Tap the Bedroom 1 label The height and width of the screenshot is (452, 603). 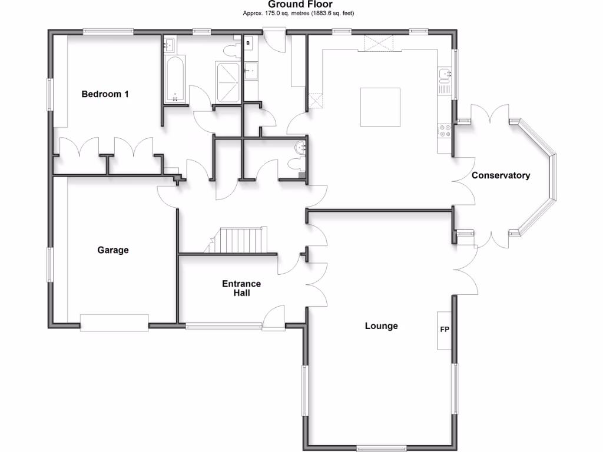[x=105, y=94]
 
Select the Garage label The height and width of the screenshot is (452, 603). [x=112, y=250]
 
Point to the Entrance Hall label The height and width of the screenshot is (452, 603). [x=241, y=288]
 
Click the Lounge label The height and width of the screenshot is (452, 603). [x=381, y=325]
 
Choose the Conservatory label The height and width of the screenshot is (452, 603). [x=501, y=175]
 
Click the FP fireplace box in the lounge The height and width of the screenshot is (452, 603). [x=444, y=330]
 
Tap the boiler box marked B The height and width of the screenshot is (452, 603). [x=248, y=43]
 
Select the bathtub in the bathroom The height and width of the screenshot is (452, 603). [x=174, y=80]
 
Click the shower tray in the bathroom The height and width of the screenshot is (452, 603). [x=228, y=82]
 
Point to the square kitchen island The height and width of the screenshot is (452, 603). [x=380, y=107]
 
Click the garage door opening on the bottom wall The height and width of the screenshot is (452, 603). [x=114, y=323]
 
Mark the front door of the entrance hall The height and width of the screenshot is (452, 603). [x=274, y=318]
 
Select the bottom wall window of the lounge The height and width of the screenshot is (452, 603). [x=381, y=449]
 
